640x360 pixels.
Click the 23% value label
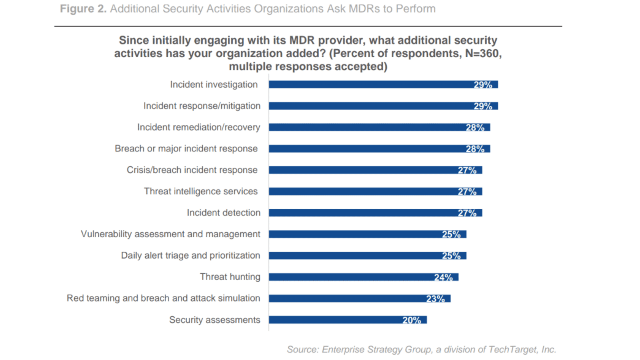pos(435,299)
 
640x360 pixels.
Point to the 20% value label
pos(412,320)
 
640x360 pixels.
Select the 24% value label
pos(443,277)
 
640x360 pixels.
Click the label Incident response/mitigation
pos(202,106)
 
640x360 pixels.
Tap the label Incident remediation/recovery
pos(199,127)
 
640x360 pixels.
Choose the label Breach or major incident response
pos(186,149)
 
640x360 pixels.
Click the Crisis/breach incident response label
pos(192,170)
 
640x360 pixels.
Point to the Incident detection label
pos(223,213)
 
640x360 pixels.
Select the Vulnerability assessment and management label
pos(170,234)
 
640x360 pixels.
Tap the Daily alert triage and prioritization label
pos(190,255)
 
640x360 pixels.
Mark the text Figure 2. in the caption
pos(83,9)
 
